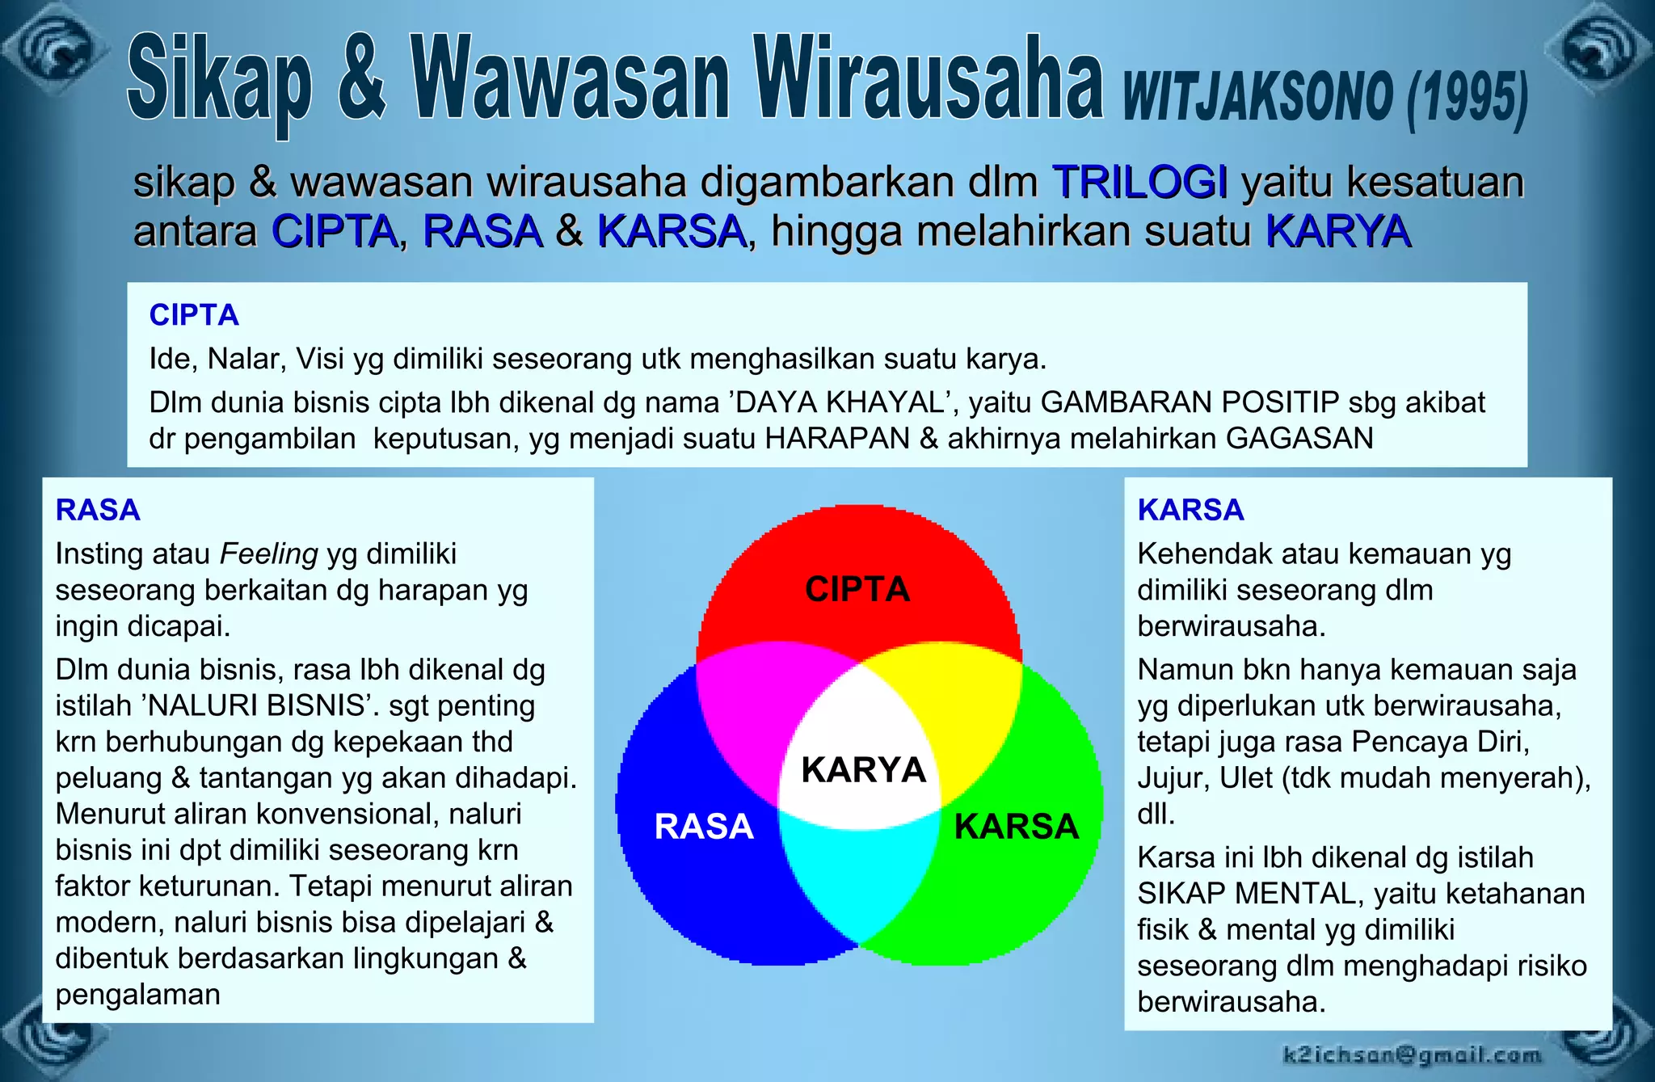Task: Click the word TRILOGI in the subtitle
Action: pos(1139,181)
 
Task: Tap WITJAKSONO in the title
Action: pos(1257,97)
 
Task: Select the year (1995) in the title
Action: pos(1467,99)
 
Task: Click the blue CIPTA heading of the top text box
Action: pos(194,315)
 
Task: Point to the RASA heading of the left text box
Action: pos(98,510)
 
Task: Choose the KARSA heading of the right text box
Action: pos(1190,510)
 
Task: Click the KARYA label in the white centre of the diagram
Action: pos(863,770)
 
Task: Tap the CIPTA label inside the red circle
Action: pos(857,589)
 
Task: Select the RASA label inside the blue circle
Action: pos(704,827)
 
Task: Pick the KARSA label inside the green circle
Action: pos(1017,827)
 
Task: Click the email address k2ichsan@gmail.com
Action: pos(1411,1055)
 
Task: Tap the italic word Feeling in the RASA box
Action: pos(269,554)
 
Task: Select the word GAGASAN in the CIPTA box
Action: pos(1299,438)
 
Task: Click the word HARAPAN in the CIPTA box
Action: pos(837,438)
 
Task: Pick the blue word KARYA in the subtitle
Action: pos(1337,231)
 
